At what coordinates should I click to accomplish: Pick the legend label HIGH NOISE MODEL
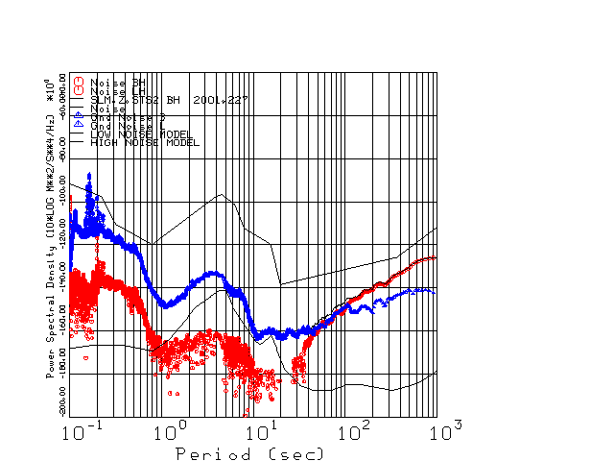pos(144,143)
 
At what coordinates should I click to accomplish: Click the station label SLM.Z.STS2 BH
pos(135,99)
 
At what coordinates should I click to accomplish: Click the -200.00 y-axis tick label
pos(62,396)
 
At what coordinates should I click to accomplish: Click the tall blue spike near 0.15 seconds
pos(90,177)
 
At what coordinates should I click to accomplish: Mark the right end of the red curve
pos(435,257)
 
